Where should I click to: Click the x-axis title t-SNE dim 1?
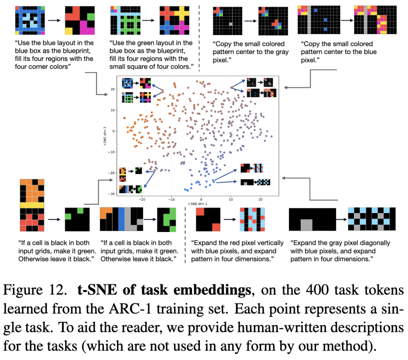pyautogui.click(x=201, y=204)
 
